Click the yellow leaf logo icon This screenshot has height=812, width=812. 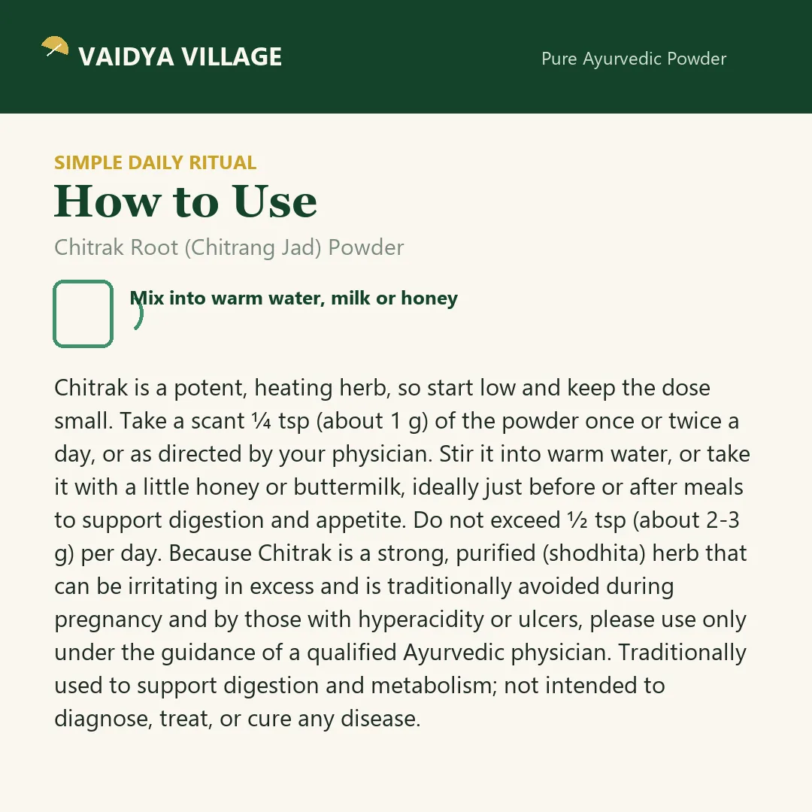click(x=55, y=46)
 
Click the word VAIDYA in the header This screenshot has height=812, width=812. click(x=126, y=57)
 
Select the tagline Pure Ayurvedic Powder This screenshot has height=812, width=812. click(x=634, y=59)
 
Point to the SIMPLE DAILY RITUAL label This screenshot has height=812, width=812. click(x=156, y=162)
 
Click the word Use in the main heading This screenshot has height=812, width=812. click(x=274, y=201)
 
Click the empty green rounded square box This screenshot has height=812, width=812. click(x=83, y=314)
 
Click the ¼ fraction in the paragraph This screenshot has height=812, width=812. click(x=262, y=421)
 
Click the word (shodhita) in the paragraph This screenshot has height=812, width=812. click(x=594, y=553)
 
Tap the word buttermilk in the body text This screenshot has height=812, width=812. click(x=349, y=487)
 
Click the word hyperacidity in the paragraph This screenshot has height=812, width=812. click(x=421, y=620)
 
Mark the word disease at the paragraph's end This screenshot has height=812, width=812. click(x=380, y=719)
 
